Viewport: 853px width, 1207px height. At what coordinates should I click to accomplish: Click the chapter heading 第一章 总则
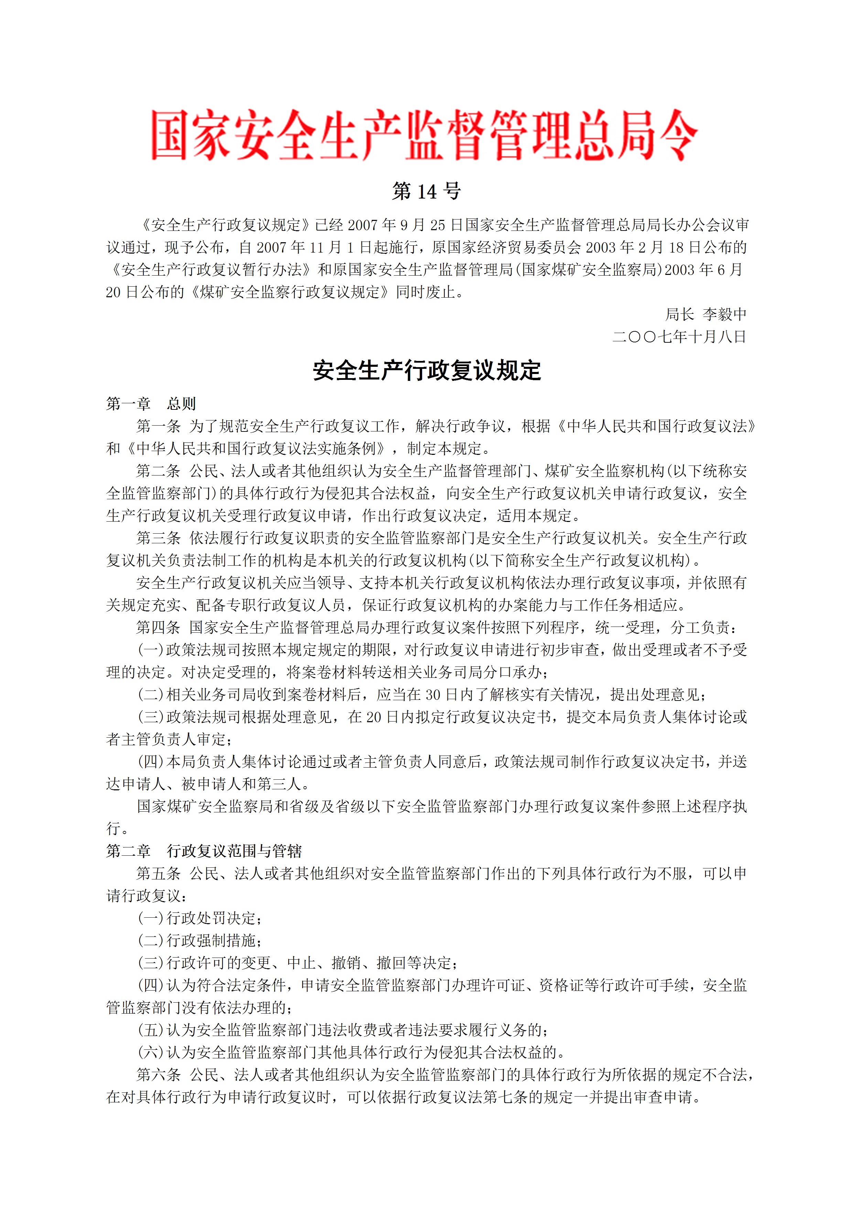tap(151, 404)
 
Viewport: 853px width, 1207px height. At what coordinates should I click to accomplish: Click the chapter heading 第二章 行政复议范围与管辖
tap(204, 851)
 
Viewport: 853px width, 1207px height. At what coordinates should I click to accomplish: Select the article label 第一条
tap(158, 426)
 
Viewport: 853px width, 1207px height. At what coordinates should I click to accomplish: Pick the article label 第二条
tap(158, 471)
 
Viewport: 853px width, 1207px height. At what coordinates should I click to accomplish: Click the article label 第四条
tap(158, 628)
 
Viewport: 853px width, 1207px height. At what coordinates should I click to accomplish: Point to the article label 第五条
tap(158, 874)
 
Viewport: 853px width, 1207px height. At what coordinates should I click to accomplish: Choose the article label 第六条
tap(158, 1075)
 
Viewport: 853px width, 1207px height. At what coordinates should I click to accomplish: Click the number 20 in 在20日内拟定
tap(374, 717)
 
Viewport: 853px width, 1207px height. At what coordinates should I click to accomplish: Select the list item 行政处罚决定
tap(211, 918)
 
